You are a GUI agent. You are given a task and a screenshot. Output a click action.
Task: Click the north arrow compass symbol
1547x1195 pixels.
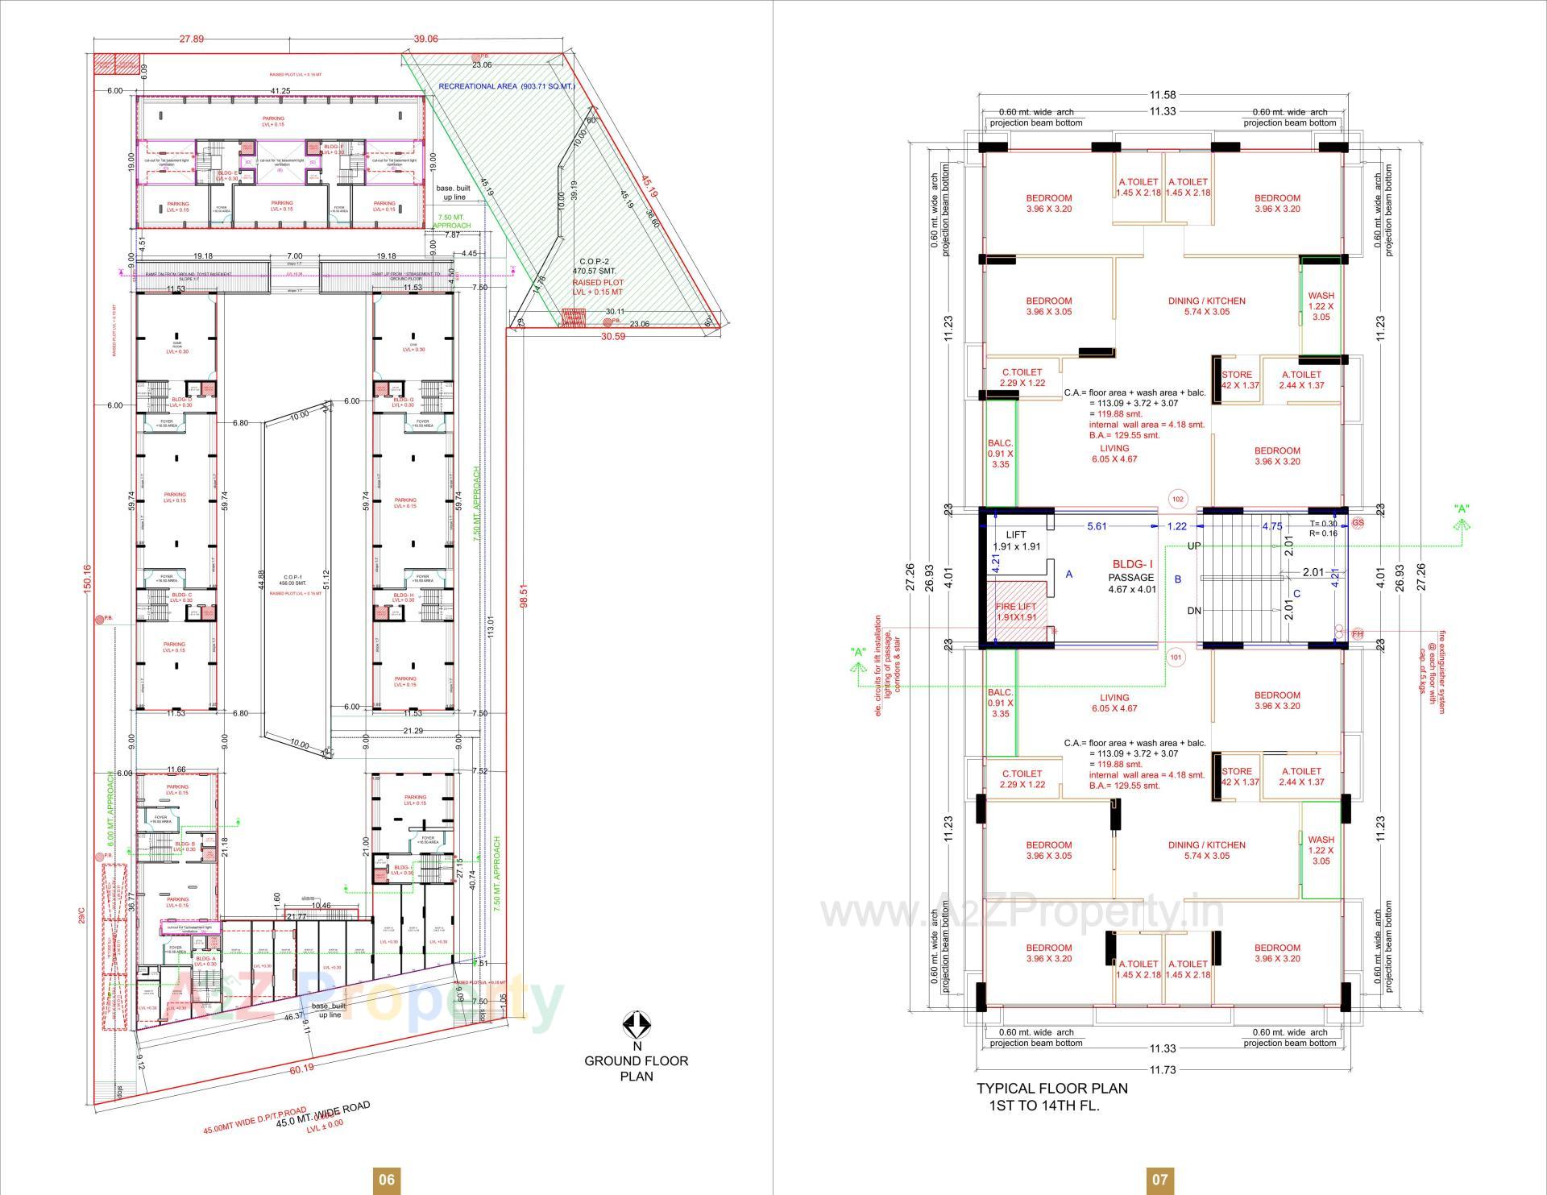(637, 1025)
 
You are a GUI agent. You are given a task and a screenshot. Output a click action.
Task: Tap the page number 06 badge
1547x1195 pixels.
(387, 1180)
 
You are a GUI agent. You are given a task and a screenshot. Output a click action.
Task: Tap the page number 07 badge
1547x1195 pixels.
(1159, 1180)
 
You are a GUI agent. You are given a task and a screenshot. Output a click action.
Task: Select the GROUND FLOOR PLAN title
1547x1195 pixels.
(637, 1068)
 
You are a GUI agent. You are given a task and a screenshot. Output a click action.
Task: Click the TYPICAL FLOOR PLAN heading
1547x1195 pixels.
(1052, 1096)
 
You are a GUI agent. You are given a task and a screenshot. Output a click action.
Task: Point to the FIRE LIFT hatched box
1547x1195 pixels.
(1016, 612)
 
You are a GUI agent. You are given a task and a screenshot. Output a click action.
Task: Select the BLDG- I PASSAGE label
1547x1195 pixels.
(1132, 576)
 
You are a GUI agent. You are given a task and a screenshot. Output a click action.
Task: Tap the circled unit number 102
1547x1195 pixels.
(1178, 500)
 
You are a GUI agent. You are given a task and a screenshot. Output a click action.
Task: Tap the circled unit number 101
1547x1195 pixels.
(1176, 658)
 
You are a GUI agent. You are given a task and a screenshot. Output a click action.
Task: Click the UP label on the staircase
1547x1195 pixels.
(1194, 546)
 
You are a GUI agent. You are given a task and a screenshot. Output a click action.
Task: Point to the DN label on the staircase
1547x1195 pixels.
(1194, 611)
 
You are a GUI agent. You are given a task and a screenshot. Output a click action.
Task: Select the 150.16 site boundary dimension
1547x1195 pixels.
(87, 577)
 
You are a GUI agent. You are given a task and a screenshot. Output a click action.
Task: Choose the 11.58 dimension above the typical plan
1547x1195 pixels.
(1162, 95)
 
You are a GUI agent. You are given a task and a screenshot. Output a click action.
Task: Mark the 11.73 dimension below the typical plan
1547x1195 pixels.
(1162, 1069)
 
